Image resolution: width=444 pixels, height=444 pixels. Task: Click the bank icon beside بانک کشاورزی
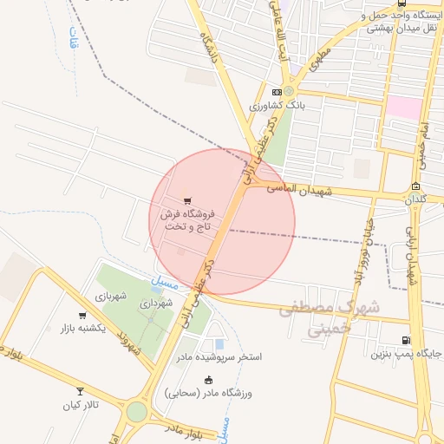pyautogui.click(x=277, y=92)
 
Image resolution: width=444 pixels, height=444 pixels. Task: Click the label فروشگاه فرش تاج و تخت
pyautogui.click(x=186, y=219)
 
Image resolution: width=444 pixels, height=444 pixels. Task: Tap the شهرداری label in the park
pyautogui.click(x=157, y=303)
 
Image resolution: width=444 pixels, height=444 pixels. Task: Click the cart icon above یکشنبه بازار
pyautogui.click(x=82, y=316)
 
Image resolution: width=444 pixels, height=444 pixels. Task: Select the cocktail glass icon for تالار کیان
pyautogui.click(x=82, y=392)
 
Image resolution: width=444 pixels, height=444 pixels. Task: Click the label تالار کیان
pyautogui.click(x=82, y=405)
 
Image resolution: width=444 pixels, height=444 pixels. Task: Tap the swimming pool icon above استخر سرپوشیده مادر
pyautogui.click(x=219, y=344)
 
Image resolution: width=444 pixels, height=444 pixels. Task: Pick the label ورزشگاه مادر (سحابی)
pyautogui.click(x=207, y=393)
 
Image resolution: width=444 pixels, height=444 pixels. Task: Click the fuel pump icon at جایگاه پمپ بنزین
pyautogui.click(x=406, y=341)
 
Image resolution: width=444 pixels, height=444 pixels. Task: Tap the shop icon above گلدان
pyautogui.click(x=416, y=186)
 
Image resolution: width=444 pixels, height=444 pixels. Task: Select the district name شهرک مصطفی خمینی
pyautogui.click(x=330, y=317)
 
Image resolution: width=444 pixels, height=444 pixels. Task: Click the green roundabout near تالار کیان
pyautogui.click(x=136, y=411)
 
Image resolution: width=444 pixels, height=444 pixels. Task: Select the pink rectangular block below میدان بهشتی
pyautogui.click(x=402, y=107)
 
